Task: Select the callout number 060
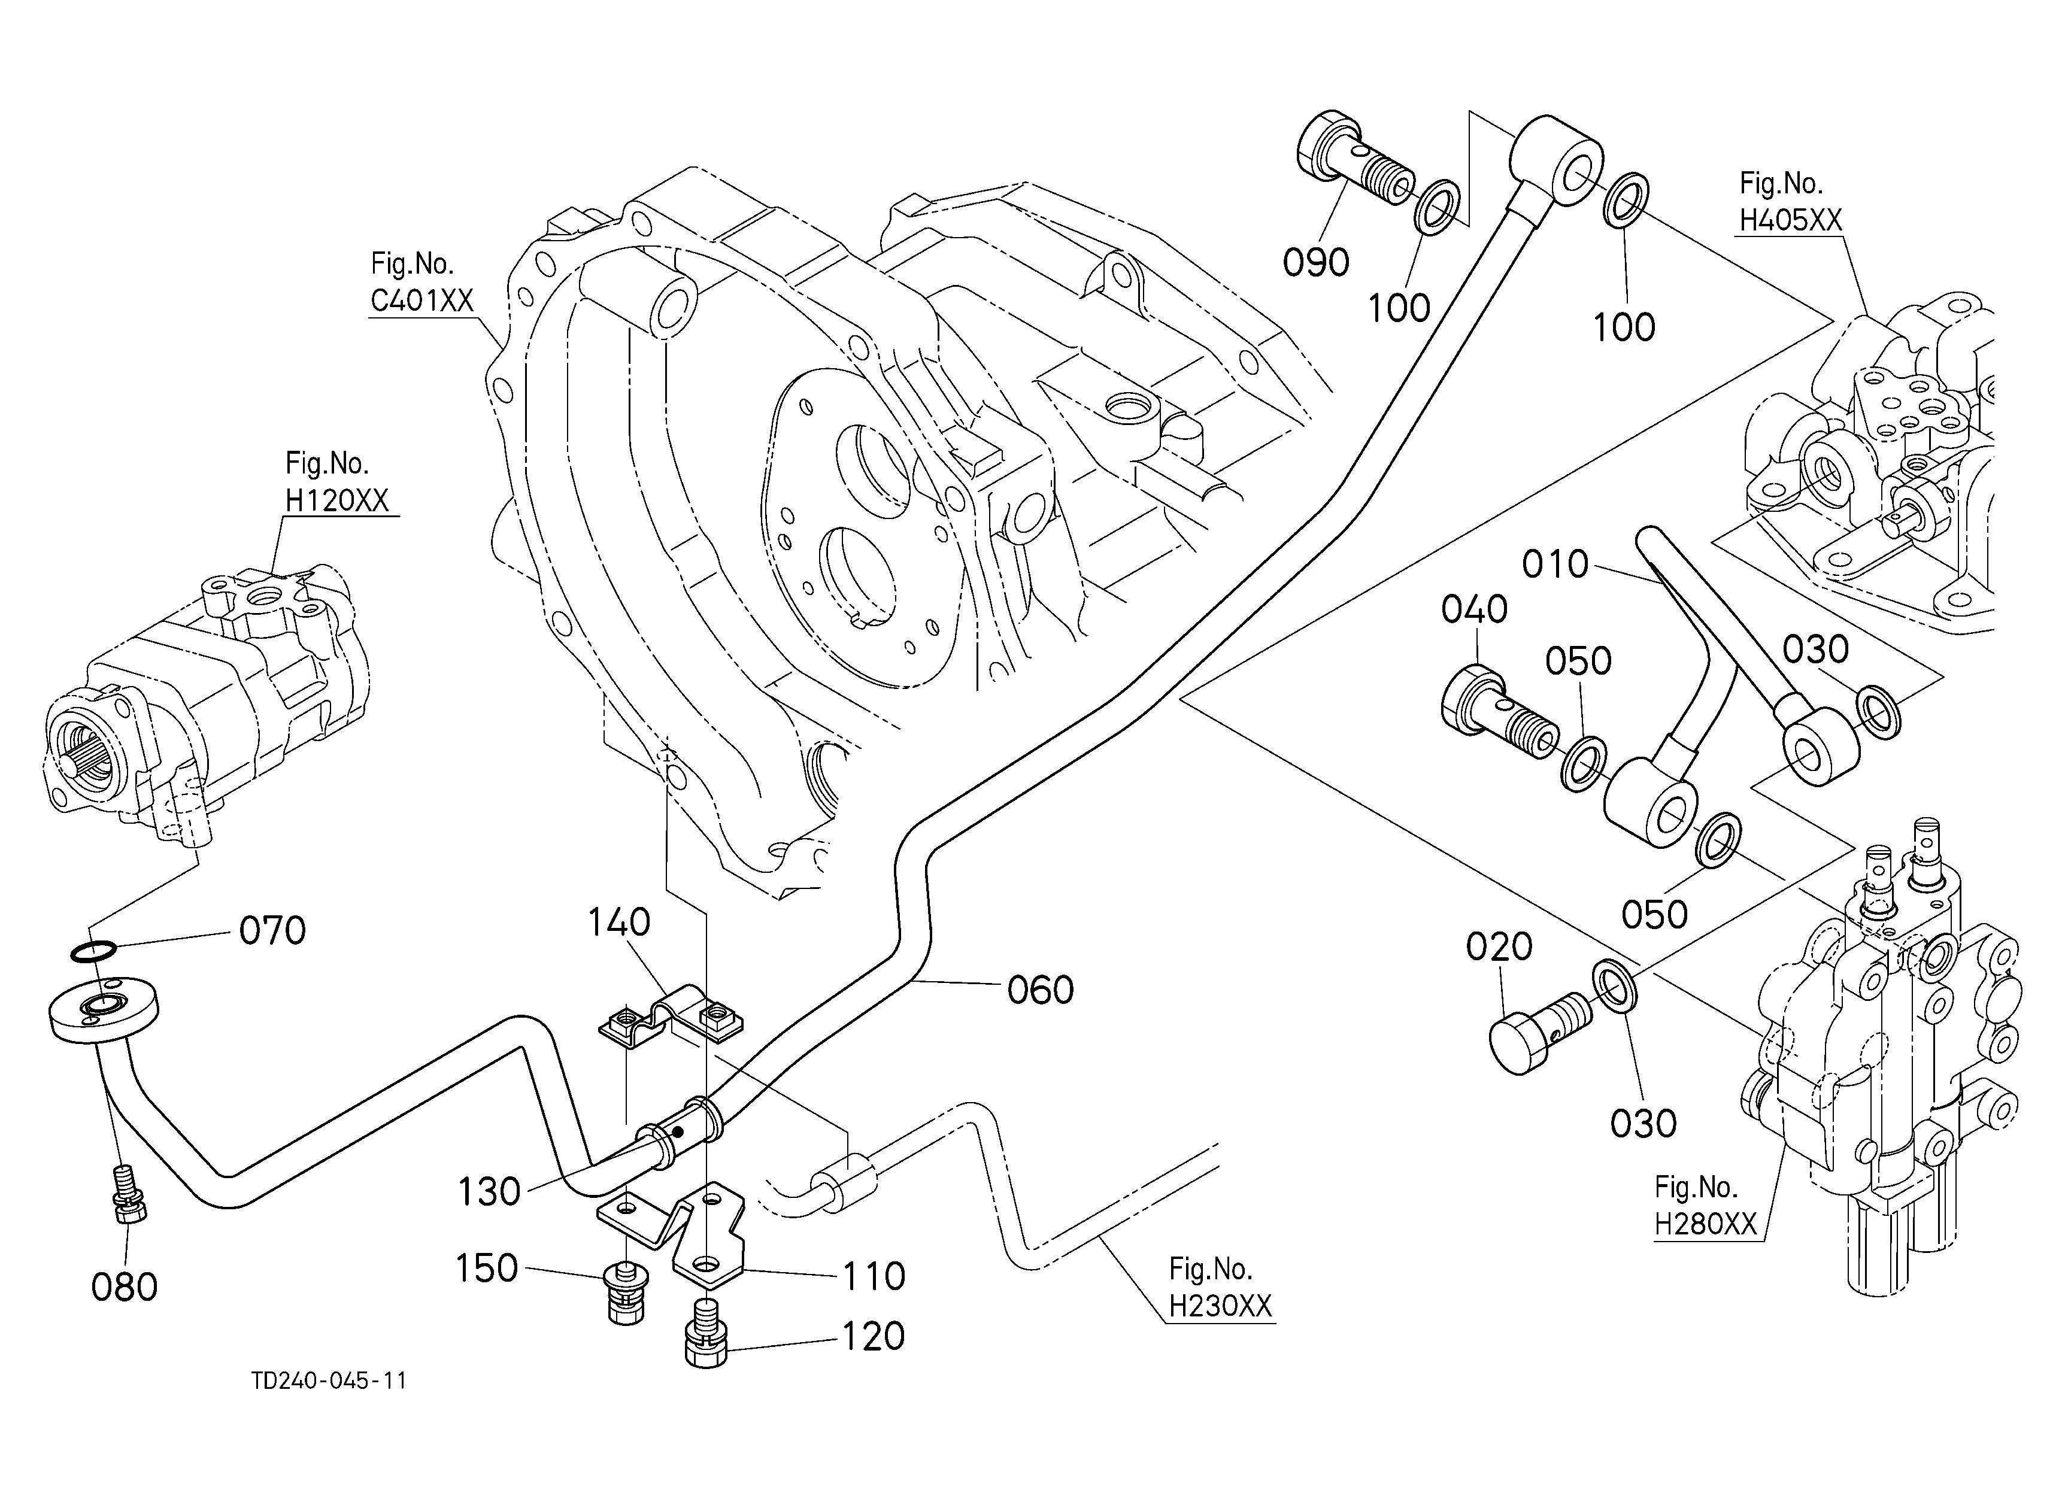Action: pyautogui.click(x=1041, y=990)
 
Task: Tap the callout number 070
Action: pyautogui.click(x=272, y=930)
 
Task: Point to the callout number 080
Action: pyautogui.click(x=125, y=1287)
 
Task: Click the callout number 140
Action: pyautogui.click(x=618, y=923)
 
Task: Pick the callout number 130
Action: pyautogui.click(x=489, y=1191)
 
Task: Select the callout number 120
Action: pyautogui.click(x=872, y=1336)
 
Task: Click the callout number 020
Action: pyautogui.click(x=1499, y=948)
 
